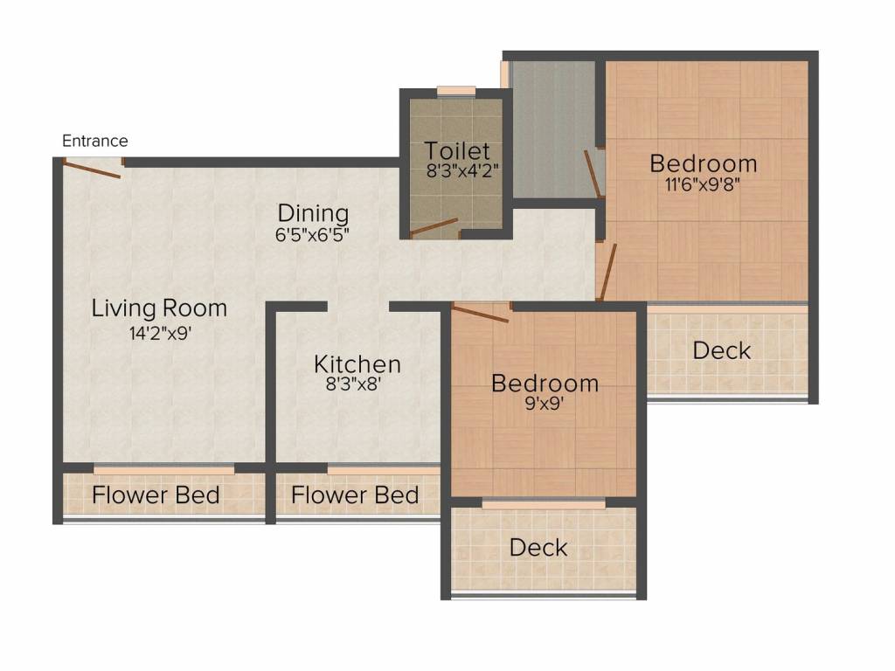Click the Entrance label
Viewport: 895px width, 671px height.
(95, 141)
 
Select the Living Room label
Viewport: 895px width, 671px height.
(160, 308)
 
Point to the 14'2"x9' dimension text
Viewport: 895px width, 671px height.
(160, 332)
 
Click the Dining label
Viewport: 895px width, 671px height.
(313, 213)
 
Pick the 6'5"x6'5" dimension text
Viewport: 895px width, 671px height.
(313, 234)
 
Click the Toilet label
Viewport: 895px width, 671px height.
(457, 151)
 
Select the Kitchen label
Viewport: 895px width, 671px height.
(357, 363)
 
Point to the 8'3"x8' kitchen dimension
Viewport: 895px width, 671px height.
(353, 382)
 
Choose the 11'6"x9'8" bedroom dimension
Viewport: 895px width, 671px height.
(703, 184)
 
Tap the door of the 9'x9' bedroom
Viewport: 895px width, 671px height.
(481, 314)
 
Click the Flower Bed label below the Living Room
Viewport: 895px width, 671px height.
(156, 495)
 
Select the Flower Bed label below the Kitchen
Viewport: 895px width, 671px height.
(355, 495)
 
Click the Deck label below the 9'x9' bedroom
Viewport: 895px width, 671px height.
(538, 548)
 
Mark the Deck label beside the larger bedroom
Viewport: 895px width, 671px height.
(721, 350)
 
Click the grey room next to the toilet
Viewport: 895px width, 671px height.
(552, 131)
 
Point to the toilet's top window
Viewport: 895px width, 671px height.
(456, 90)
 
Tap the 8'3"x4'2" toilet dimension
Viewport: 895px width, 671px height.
(462, 171)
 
